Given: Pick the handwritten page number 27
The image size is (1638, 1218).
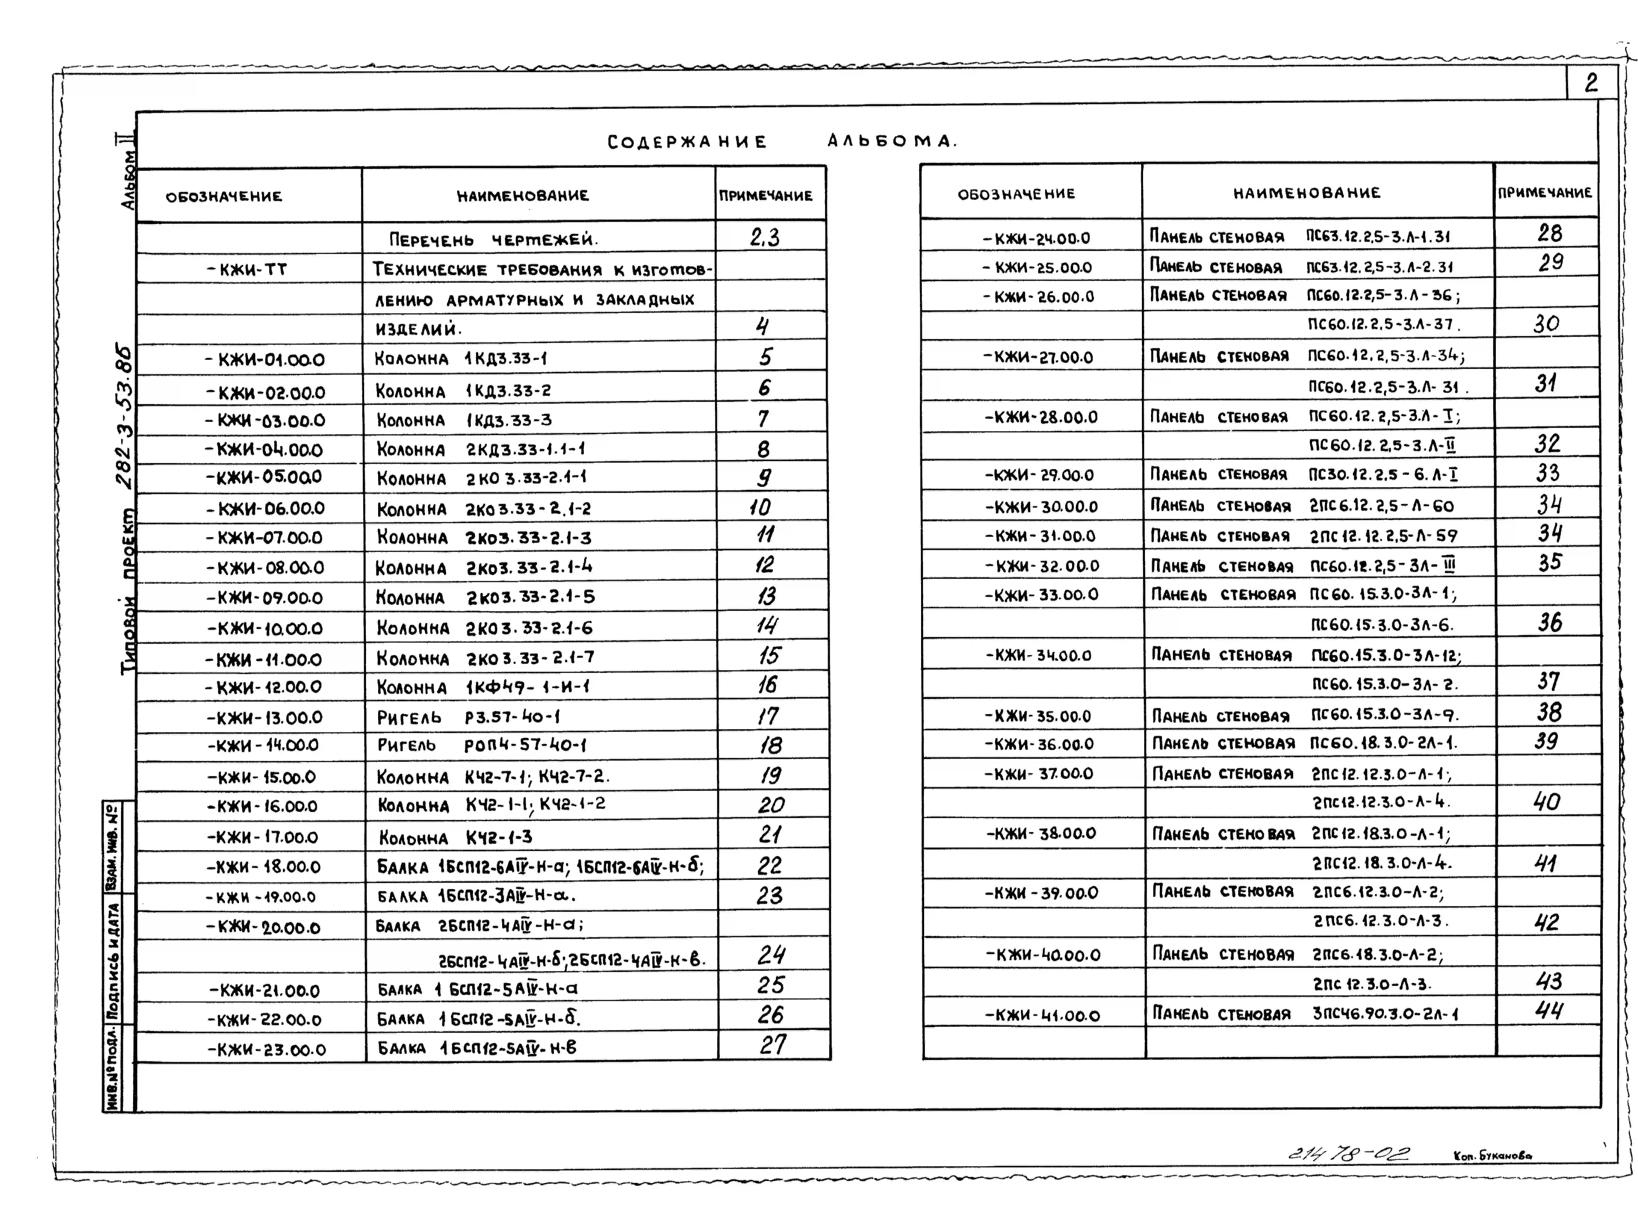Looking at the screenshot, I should pyautogui.click(x=772, y=1045).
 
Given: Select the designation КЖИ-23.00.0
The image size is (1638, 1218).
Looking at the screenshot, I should pyautogui.click(x=267, y=1049).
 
